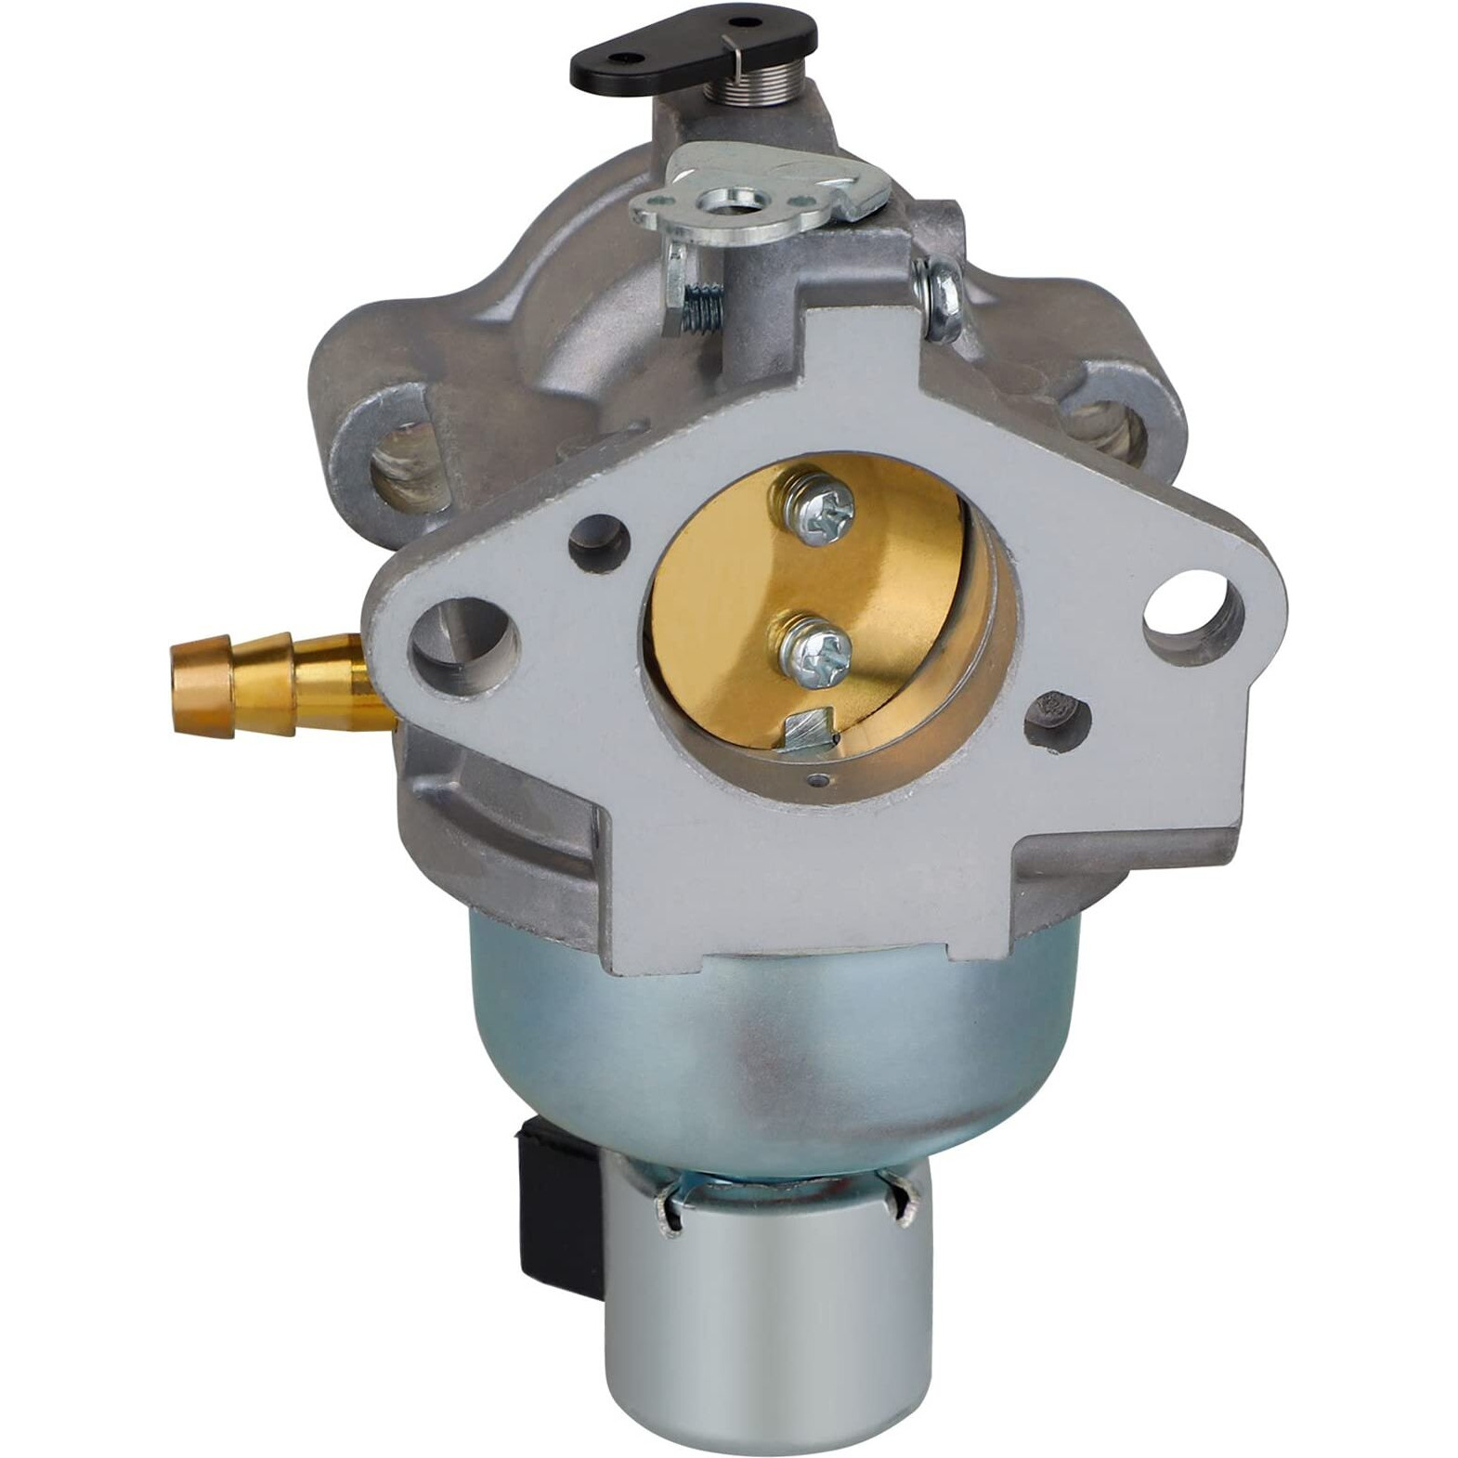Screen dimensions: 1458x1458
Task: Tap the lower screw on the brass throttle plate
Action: tap(806, 641)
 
